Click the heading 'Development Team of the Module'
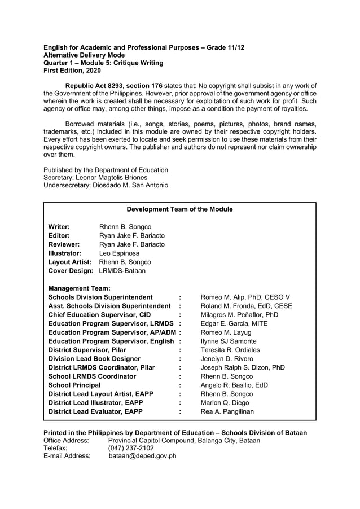coord(179,209)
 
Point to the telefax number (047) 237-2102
coord(130,448)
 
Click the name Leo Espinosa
coord(119,253)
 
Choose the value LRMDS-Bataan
coord(122,271)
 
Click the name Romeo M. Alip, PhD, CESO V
coord(245,297)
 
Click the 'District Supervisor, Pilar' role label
coord(87,350)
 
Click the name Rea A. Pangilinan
coord(227,412)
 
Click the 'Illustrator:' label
coord(65,253)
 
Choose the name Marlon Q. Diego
coord(225,403)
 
